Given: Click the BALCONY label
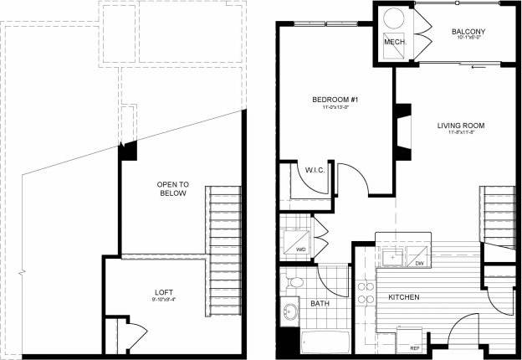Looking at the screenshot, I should click(x=468, y=33).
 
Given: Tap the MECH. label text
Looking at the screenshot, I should click(x=394, y=41).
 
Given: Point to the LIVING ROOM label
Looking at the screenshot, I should click(x=461, y=126).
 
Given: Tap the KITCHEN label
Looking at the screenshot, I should click(x=403, y=297).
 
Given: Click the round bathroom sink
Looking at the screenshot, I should click(x=291, y=312).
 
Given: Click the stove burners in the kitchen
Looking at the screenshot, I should click(x=366, y=292).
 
